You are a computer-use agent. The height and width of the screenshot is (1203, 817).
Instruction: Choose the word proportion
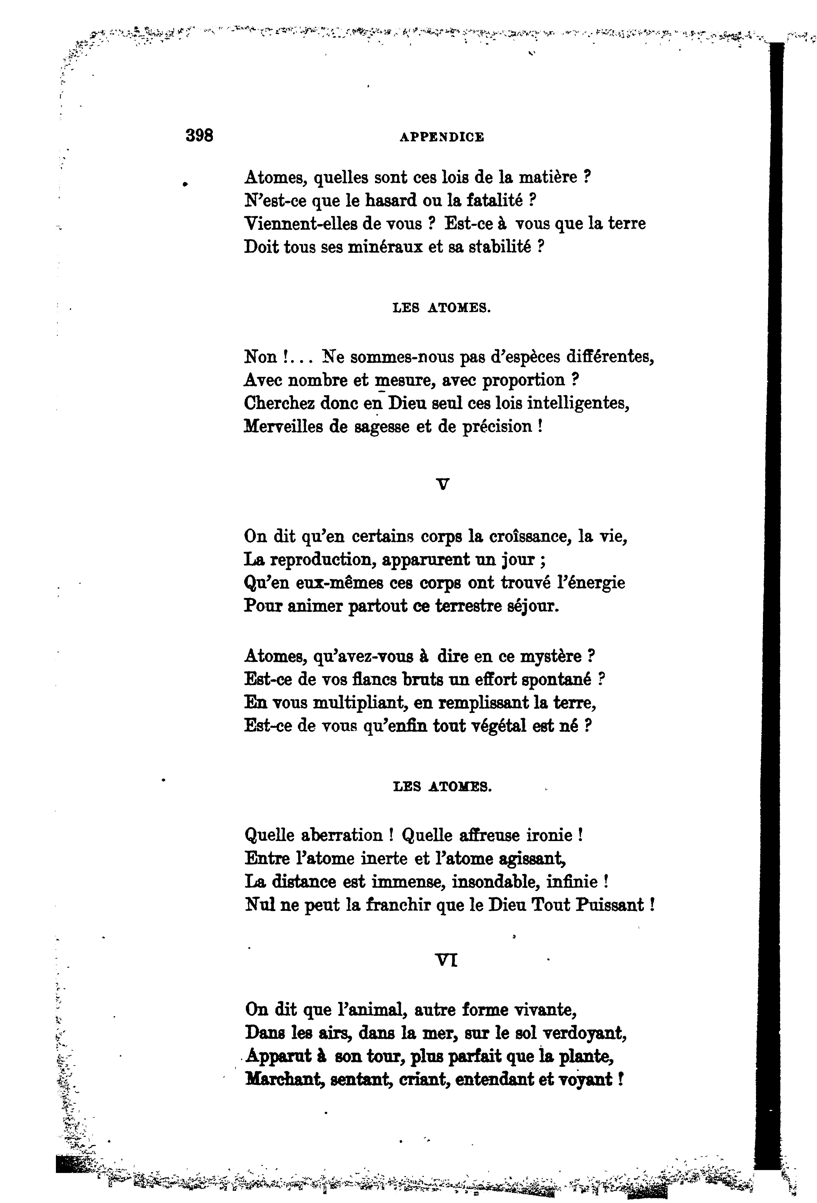524,380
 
